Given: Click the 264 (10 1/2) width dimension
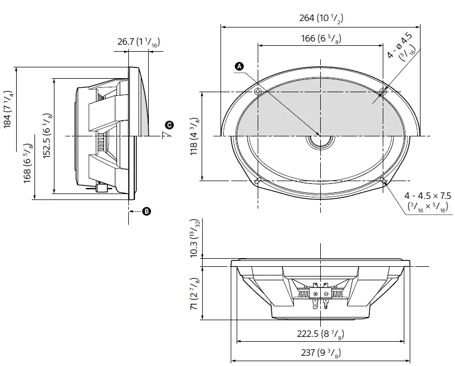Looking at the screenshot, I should coord(321,18).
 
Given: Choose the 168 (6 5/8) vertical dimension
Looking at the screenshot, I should coord(28,164).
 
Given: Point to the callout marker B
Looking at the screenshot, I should coord(146,211).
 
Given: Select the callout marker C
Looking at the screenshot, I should coord(169,125).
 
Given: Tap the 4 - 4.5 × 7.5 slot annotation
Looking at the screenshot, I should coord(428,201).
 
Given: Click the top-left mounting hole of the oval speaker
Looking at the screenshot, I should coord(258,92).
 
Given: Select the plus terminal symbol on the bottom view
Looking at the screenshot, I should coord(316,293).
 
